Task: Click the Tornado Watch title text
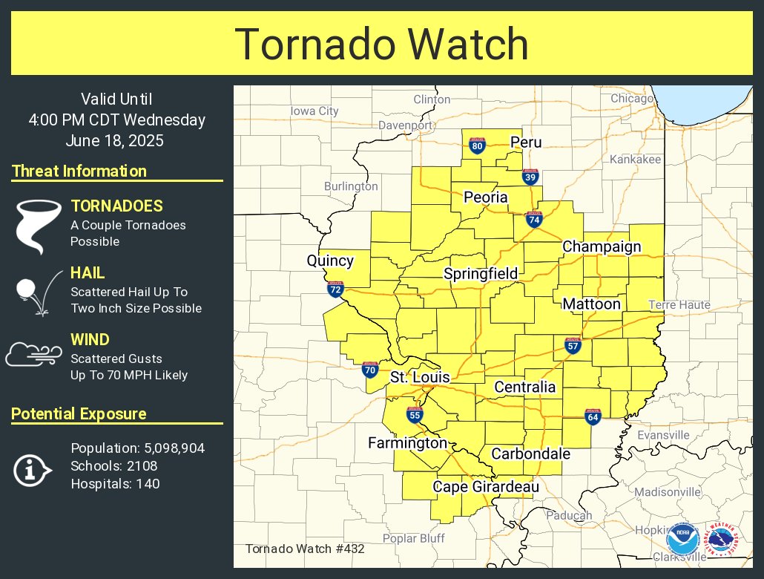[x=382, y=44]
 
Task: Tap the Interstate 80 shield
[x=478, y=146]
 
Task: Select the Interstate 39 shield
[x=530, y=177]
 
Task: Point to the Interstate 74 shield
[x=533, y=219]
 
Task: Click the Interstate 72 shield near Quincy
[x=335, y=289]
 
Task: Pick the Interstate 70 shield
[x=370, y=369]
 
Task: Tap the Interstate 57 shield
[x=573, y=345]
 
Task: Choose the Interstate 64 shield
[x=592, y=417]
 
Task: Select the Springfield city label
[x=481, y=274]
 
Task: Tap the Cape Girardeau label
[x=475, y=487]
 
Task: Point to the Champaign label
[x=602, y=246]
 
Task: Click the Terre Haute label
[x=679, y=304]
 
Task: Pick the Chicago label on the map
[x=632, y=98]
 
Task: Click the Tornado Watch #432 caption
[x=305, y=549]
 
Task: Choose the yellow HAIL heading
[x=88, y=273]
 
